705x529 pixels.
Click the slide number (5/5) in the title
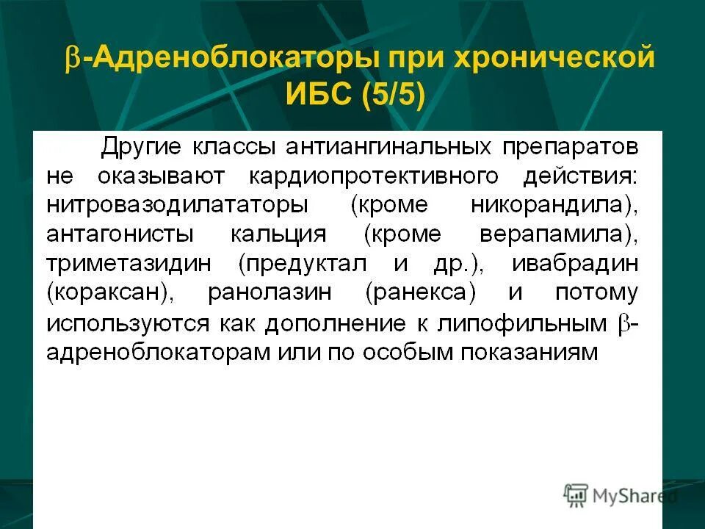tap(393, 95)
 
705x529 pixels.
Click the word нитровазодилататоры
tap(177, 205)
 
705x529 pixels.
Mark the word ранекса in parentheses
tap(420, 292)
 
